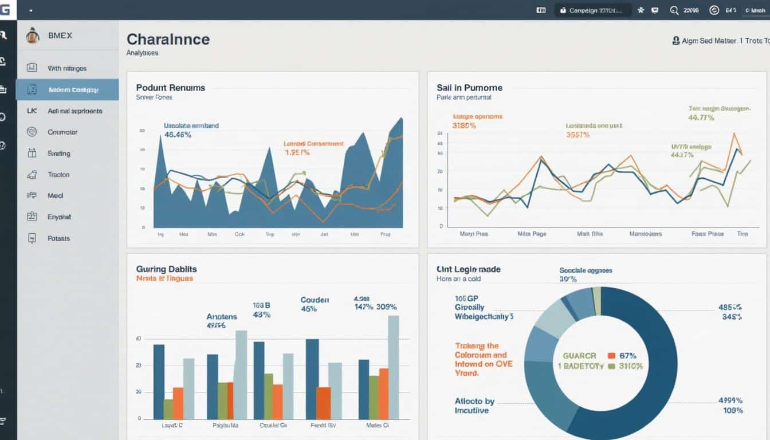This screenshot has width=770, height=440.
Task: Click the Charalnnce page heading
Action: click(x=168, y=40)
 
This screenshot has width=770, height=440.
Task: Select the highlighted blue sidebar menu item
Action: click(x=68, y=90)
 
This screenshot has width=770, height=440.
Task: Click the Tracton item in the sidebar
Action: click(x=58, y=175)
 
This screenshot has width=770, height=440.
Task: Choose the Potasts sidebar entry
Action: click(x=58, y=238)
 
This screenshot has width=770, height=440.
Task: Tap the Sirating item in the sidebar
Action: click(x=58, y=154)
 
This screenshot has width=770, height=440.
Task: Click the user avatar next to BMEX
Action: click(x=33, y=36)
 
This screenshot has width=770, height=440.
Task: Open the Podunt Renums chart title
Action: click(x=170, y=88)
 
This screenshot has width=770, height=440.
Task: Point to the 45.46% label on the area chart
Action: click(x=178, y=135)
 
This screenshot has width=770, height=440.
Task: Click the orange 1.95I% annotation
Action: click(x=297, y=153)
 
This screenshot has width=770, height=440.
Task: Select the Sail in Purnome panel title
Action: click(x=469, y=88)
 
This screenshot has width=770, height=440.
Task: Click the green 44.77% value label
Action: click(x=701, y=117)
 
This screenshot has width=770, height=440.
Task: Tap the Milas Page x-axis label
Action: click(x=531, y=234)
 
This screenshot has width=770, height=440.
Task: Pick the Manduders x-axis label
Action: click(x=645, y=234)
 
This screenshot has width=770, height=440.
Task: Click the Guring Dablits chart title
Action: click(x=166, y=269)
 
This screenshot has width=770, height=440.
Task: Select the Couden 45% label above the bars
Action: click(x=315, y=304)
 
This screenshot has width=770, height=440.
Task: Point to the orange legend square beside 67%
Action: click(x=611, y=356)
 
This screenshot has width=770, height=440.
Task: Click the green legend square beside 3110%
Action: click(x=611, y=366)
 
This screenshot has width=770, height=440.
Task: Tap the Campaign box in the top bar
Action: click(x=592, y=10)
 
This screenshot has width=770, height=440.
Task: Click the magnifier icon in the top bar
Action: click(x=674, y=10)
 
